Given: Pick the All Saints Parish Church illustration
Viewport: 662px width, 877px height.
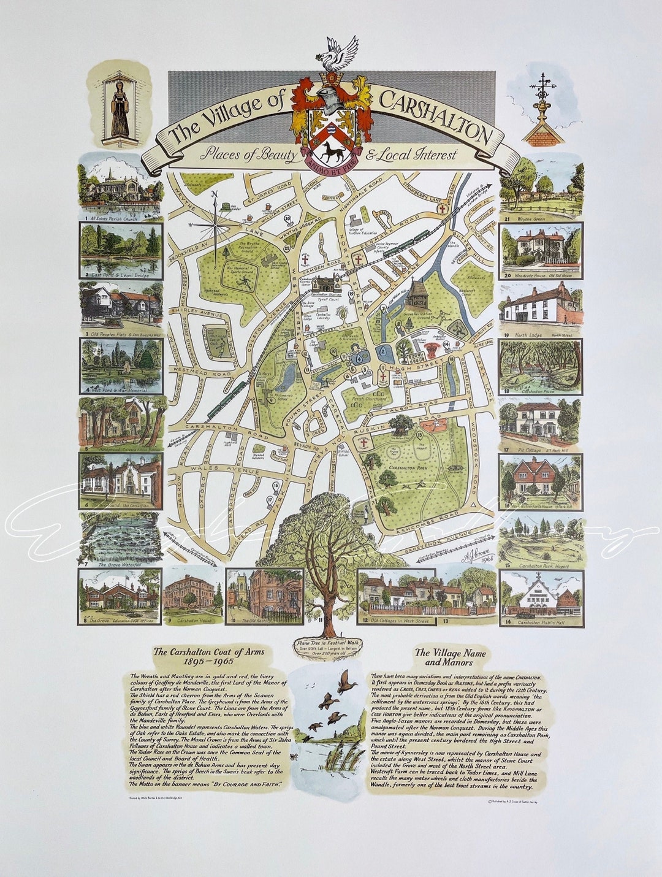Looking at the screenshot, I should [x=120, y=182].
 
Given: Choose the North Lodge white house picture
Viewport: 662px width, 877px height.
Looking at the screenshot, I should [x=541, y=302].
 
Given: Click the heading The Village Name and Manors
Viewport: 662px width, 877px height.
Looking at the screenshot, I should [x=451, y=657].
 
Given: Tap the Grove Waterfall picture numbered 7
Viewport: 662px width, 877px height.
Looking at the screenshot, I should [x=120, y=538].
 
